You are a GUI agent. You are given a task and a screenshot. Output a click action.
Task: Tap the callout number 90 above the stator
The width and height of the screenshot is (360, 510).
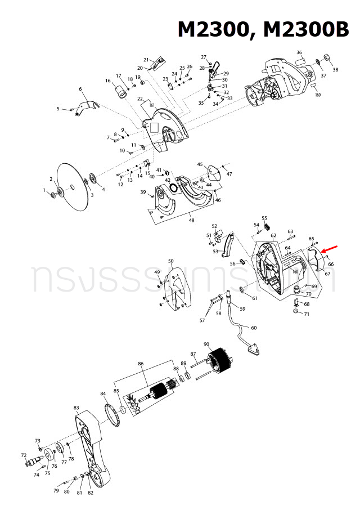tap(206, 345)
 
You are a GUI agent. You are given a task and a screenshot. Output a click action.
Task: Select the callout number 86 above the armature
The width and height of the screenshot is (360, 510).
tap(141, 365)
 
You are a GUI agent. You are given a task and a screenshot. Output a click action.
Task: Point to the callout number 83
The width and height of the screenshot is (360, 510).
tap(76, 408)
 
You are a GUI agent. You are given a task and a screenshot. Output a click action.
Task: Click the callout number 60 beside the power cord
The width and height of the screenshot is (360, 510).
tap(253, 328)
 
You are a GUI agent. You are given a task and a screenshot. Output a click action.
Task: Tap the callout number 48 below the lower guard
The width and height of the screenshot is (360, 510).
tap(192, 221)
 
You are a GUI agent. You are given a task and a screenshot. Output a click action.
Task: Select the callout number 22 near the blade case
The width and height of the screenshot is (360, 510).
tap(140, 99)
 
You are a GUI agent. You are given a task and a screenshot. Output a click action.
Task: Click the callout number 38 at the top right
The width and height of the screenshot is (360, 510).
tap(335, 70)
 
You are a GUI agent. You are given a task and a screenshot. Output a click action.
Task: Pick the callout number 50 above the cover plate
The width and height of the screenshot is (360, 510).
tap(171, 261)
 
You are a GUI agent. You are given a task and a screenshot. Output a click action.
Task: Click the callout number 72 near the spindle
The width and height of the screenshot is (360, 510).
tap(24, 455)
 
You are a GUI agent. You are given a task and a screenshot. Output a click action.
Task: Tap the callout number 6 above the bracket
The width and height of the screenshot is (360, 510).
tap(80, 89)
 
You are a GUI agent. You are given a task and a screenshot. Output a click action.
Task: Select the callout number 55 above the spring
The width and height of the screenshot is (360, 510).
tap(264, 218)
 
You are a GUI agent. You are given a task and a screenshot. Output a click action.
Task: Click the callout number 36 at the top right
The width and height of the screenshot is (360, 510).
tap(299, 52)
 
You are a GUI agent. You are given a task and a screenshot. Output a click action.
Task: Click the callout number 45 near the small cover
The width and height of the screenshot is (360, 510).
tap(200, 164)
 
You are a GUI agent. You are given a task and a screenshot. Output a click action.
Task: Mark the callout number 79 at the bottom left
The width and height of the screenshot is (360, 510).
tap(56, 491)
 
